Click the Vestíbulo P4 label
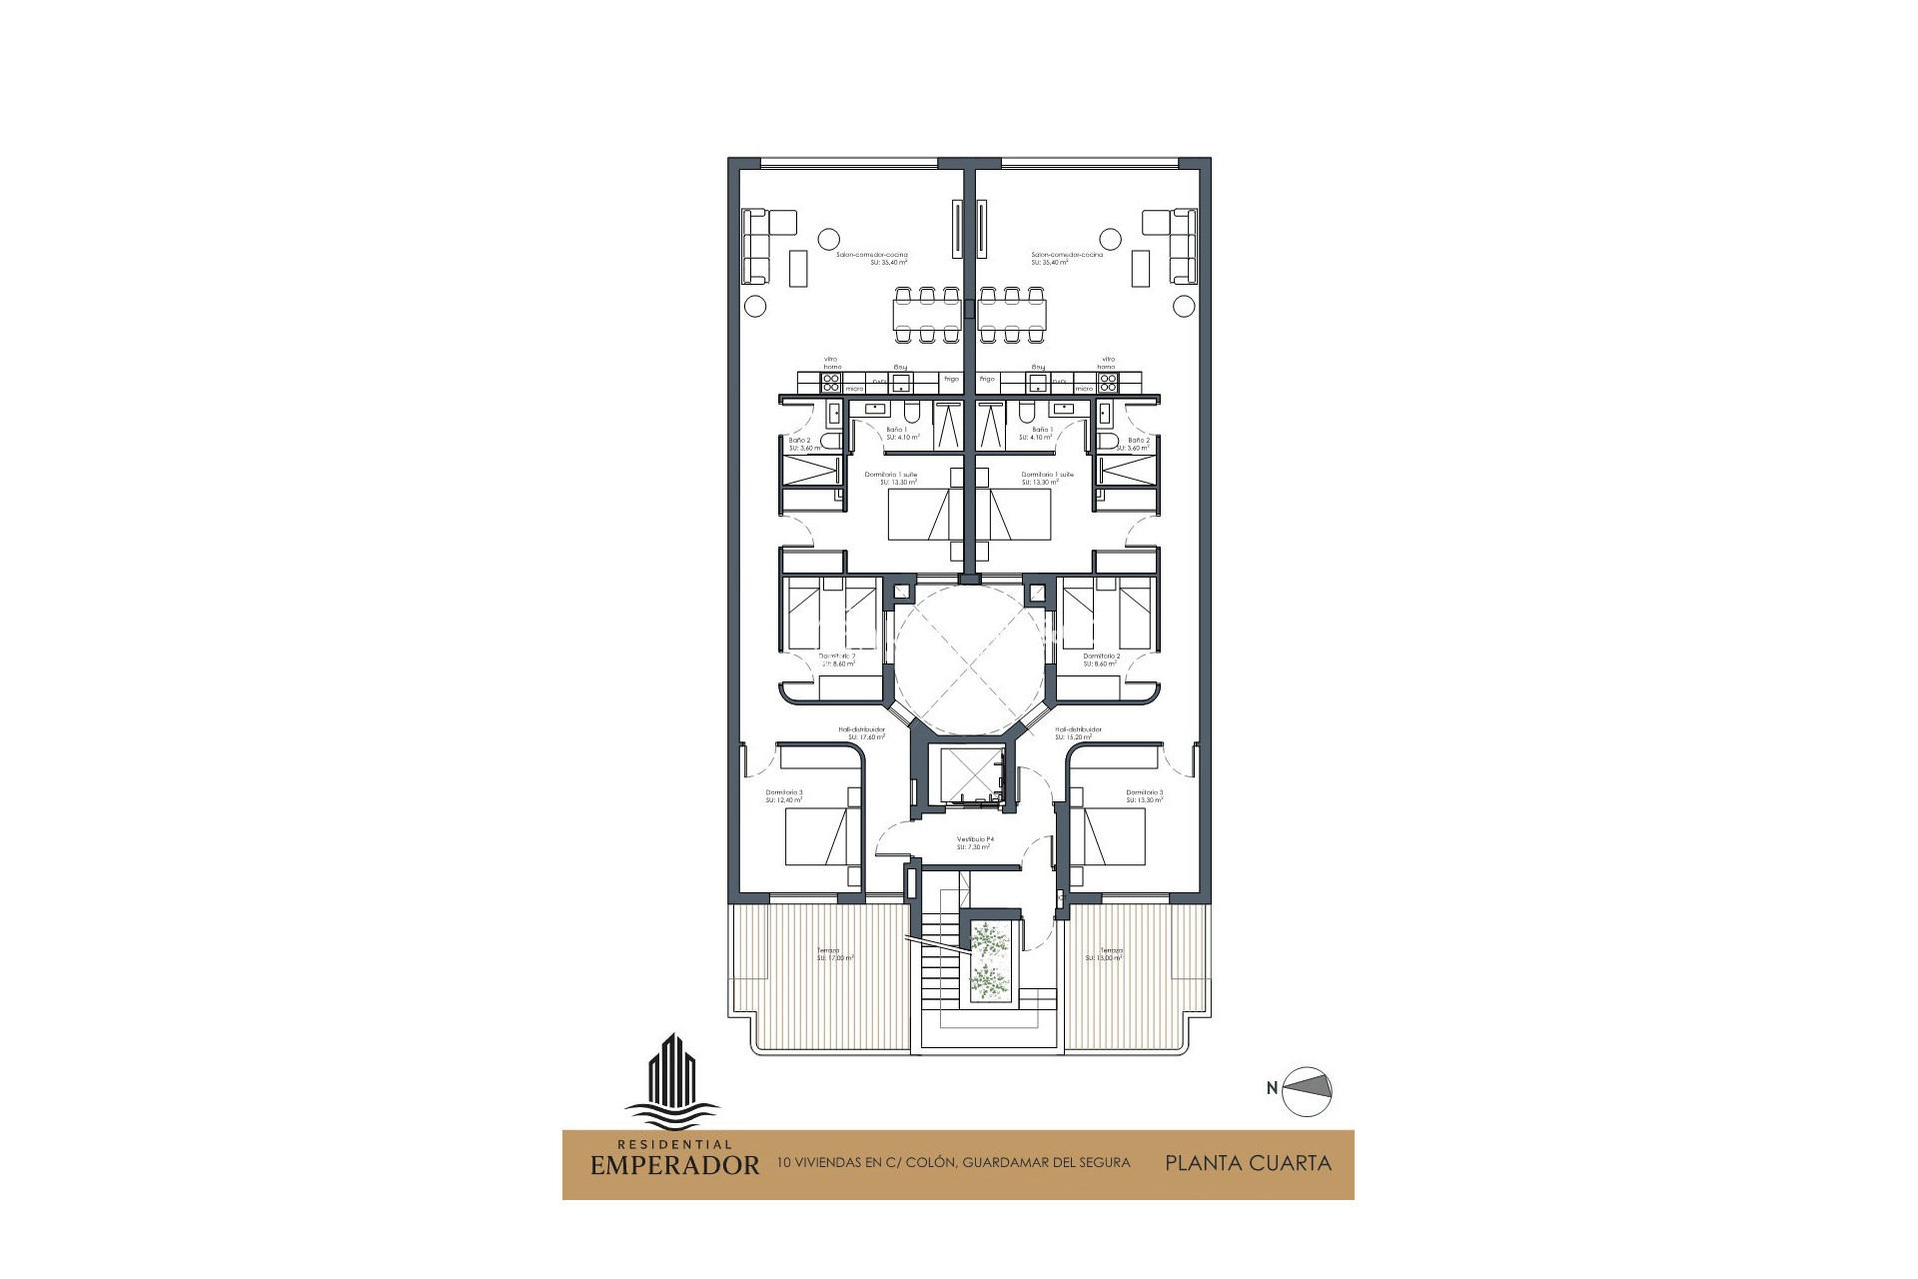(973, 842)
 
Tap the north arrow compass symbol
(1307, 1088)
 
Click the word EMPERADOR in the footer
(674, 1165)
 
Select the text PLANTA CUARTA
(1248, 1163)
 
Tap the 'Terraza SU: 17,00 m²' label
(834, 954)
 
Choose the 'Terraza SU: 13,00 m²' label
(1105, 954)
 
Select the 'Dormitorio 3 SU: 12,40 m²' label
(784, 796)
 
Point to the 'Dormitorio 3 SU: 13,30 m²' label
(1145, 796)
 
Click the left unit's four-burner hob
(832, 380)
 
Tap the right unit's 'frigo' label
(988, 379)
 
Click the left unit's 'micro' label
(854, 388)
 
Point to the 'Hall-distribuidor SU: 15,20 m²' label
(1078, 733)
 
